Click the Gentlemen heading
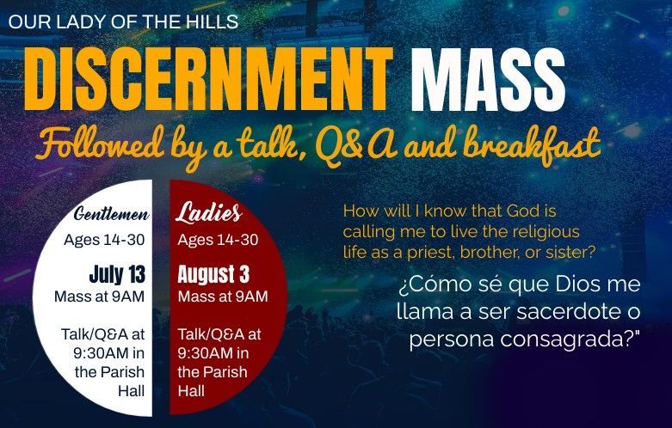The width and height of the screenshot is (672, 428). tap(112, 214)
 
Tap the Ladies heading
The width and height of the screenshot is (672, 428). tap(208, 213)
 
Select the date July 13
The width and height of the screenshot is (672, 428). tap(117, 275)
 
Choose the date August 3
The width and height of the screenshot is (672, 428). tap(213, 275)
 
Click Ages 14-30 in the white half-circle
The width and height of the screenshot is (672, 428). tap(105, 239)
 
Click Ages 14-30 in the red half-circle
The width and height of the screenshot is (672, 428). tap(218, 239)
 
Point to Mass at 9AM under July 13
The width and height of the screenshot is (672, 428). tap(99, 297)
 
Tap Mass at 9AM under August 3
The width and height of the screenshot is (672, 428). tap(223, 297)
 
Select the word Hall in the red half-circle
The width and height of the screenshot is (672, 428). tap(194, 391)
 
